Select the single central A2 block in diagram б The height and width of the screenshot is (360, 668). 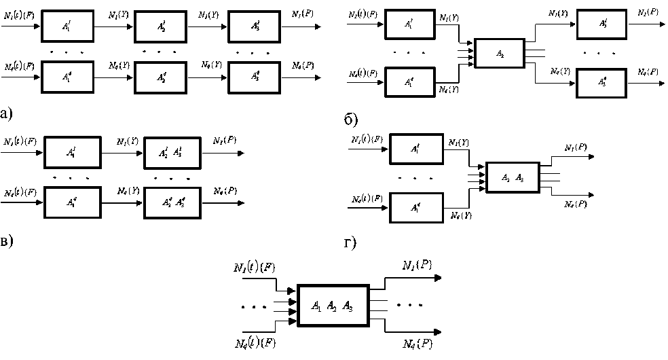pyautogui.click(x=500, y=53)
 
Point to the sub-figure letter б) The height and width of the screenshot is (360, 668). pyautogui.click(x=351, y=121)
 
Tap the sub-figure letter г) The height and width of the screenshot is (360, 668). pyautogui.click(x=350, y=242)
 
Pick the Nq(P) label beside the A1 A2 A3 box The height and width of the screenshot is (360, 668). pyautogui.click(x=415, y=344)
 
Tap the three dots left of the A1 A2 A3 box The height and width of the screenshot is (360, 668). pyautogui.click(x=255, y=307)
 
